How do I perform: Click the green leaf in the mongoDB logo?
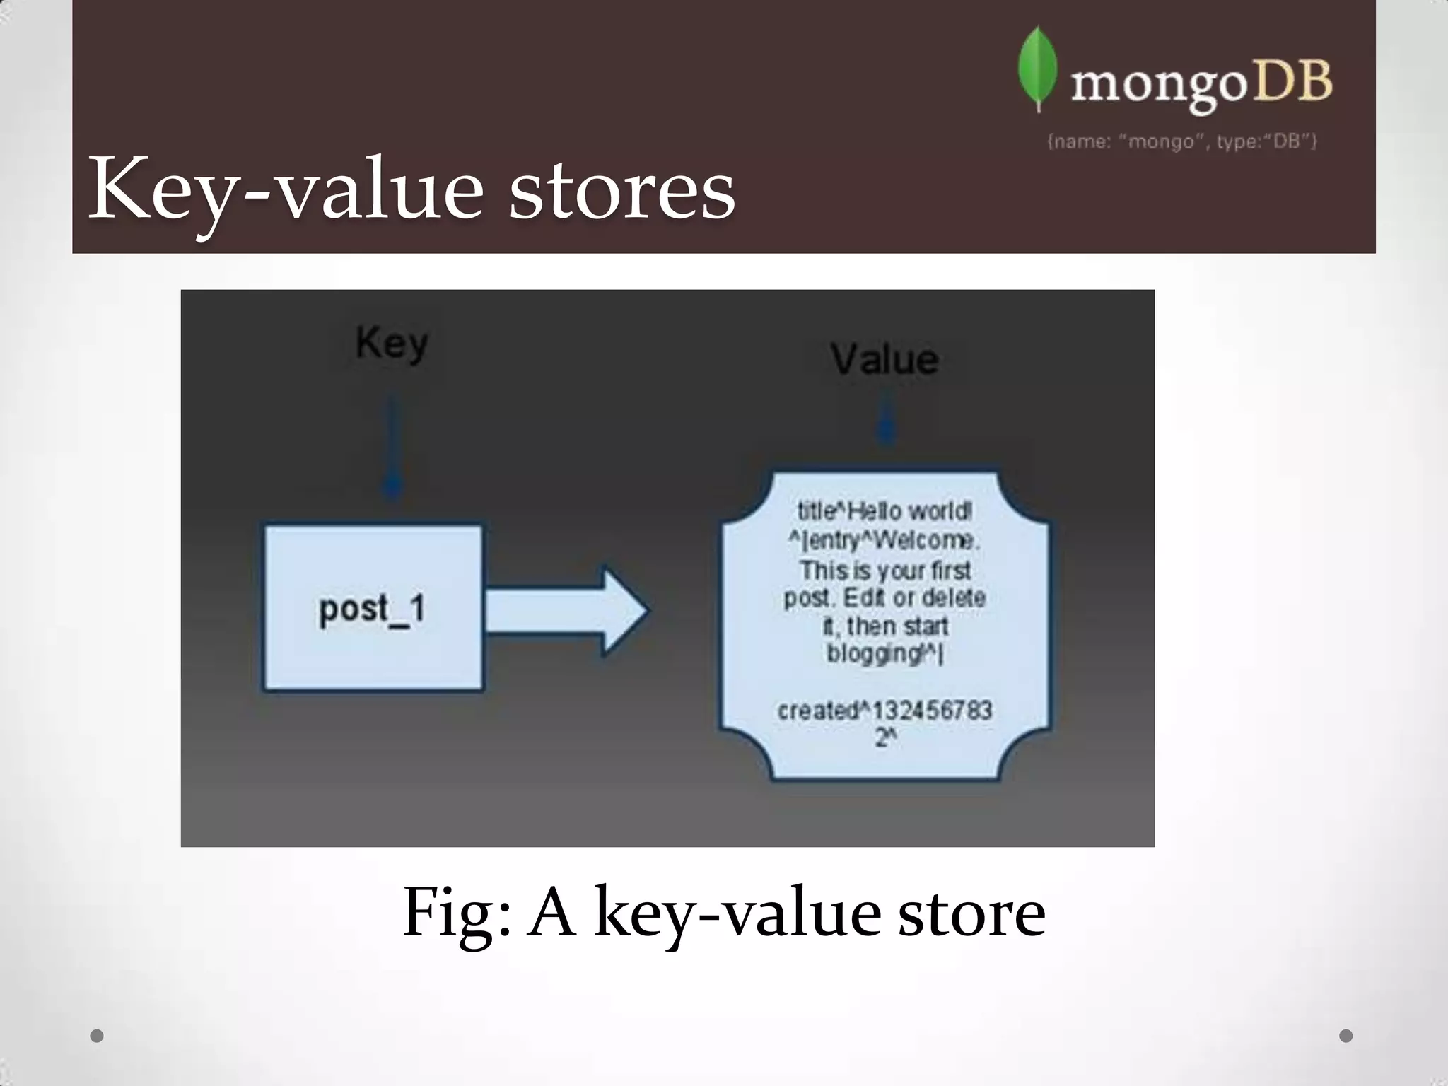[1037, 69]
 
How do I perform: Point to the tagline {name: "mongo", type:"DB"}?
[1181, 141]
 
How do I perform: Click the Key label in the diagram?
[392, 344]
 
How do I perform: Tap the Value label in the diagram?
[884, 359]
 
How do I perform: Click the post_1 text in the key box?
[372, 609]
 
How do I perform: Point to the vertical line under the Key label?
[392, 445]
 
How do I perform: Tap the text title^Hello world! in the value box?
[884, 510]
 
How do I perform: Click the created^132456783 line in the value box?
[884, 710]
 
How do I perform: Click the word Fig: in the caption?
[456, 913]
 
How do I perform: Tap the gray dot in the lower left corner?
[97, 1036]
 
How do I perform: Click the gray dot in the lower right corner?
[1346, 1036]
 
